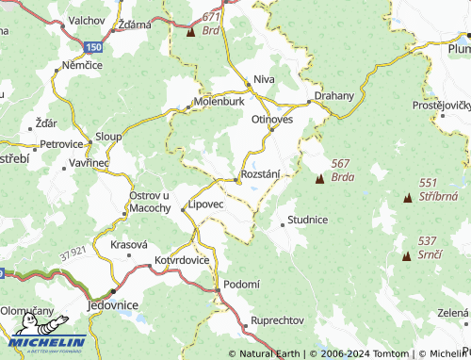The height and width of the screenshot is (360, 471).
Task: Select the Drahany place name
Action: [x=333, y=96]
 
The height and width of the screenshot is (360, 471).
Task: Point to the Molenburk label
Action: [x=219, y=101]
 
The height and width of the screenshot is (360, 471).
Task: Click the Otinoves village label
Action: [x=272, y=120]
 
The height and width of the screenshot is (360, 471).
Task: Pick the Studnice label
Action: [x=308, y=220]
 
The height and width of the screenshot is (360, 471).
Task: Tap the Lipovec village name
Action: [x=205, y=204]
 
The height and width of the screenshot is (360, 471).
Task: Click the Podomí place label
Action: [x=240, y=284]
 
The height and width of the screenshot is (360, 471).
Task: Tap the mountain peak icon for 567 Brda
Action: [x=319, y=176]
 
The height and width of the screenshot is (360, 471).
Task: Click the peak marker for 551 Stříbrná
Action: [x=408, y=198]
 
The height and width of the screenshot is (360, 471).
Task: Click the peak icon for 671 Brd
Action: [x=191, y=31]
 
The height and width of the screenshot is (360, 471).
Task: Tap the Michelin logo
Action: [x=44, y=342]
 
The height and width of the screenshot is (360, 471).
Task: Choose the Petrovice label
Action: [x=61, y=145]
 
